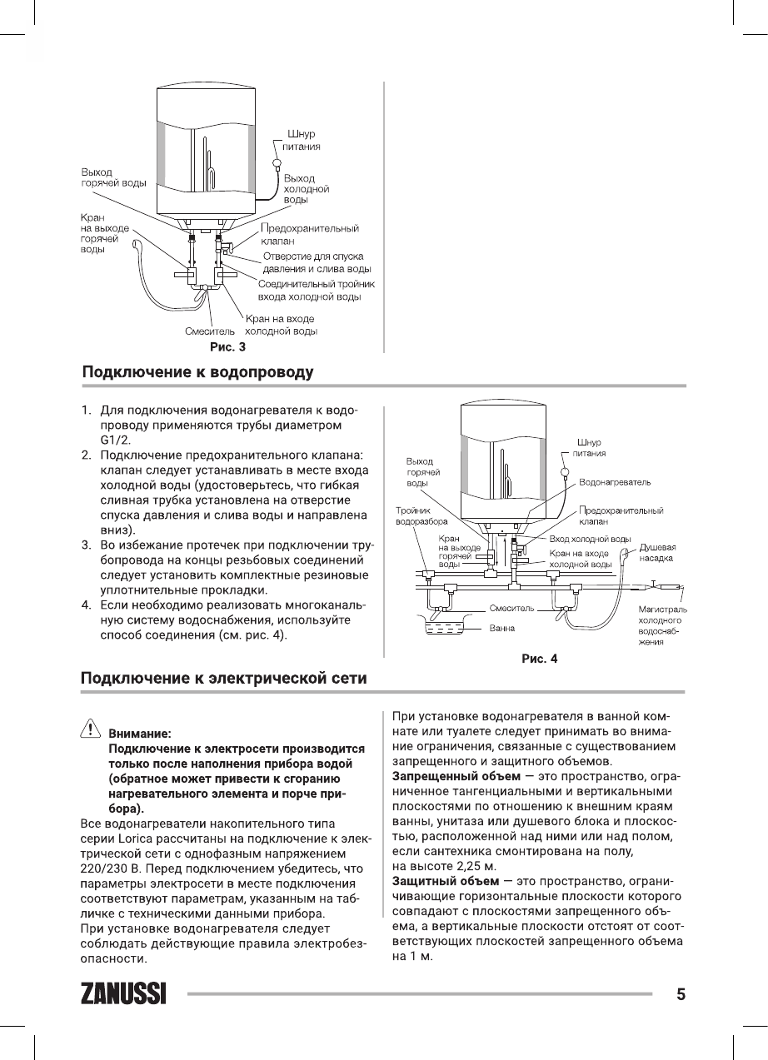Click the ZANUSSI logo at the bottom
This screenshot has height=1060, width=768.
(x=122, y=995)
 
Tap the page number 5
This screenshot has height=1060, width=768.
(x=681, y=994)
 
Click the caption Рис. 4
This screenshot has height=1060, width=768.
(x=539, y=659)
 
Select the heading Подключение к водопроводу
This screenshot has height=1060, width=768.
(x=197, y=371)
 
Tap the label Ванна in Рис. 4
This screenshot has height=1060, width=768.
(x=501, y=628)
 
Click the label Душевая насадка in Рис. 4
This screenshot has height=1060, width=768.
(x=656, y=553)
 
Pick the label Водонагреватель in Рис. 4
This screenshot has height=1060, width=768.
(x=615, y=482)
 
